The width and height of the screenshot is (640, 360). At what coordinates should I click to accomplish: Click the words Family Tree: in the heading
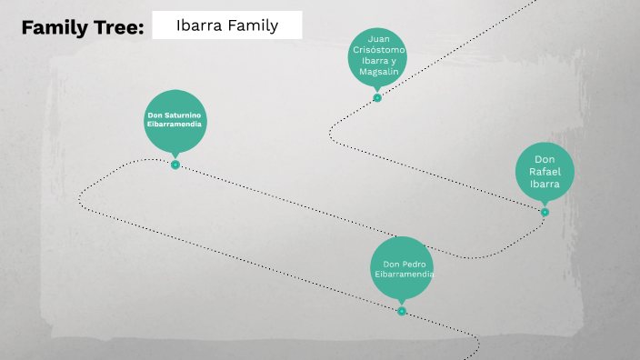click(83, 27)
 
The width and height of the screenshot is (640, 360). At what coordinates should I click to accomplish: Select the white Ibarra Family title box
click(227, 25)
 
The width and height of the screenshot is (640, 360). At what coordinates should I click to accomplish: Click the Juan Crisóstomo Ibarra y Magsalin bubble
click(377, 55)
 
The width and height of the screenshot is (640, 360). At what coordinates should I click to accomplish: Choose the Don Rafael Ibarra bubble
click(545, 171)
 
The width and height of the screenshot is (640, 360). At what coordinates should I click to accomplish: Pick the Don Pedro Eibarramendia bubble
click(402, 269)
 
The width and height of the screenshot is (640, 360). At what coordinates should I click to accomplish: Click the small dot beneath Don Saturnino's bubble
click(175, 165)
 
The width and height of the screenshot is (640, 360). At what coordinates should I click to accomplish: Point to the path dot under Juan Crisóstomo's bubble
click(377, 97)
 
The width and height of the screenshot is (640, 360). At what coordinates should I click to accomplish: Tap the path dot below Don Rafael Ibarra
click(545, 212)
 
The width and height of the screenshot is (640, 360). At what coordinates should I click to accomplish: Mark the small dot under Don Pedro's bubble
click(402, 311)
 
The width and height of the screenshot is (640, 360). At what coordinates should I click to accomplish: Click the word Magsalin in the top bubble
click(377, 72)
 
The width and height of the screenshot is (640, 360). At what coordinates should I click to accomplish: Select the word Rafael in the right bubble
click(545, 171)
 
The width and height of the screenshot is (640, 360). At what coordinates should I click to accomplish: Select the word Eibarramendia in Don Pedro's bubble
click(402, 274)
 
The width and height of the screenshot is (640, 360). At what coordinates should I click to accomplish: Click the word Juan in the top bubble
click(377, 38)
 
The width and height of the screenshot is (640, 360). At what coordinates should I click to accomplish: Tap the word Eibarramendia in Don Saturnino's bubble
click(175, 124)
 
